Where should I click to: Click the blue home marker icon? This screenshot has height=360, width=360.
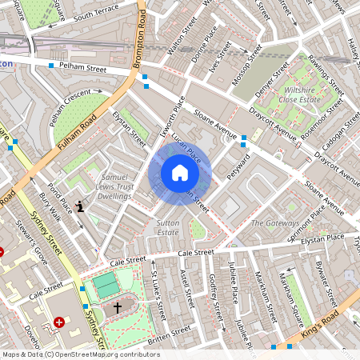(180, 173)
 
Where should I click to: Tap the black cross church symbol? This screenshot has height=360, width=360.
(118, 306)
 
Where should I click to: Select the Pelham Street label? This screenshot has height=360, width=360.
(82, 69)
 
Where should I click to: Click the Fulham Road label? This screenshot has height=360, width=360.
(78, 133)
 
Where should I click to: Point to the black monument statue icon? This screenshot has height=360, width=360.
(80, 206)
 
